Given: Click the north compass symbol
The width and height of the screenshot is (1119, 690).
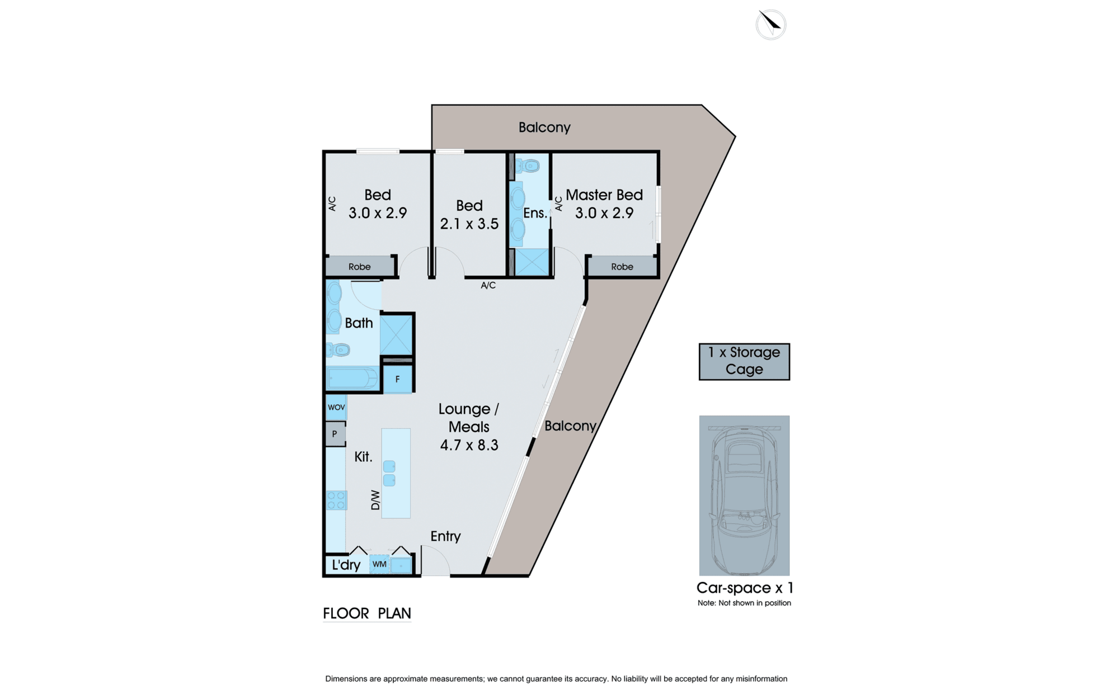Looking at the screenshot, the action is pyautogui.click(x=771, y=25).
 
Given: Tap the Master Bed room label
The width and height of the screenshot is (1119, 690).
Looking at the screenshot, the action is pyautogui.click(x=604, y=195).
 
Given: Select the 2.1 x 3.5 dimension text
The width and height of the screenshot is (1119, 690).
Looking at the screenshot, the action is pyautogui.click(x=469, y=224).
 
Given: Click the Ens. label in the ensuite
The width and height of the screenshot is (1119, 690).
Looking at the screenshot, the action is pyautogui.click(x=535, y=213).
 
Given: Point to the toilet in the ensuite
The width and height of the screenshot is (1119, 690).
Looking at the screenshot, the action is pyautogui.click(x=528, y=166).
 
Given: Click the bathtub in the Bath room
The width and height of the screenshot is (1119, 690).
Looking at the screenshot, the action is pyautogui.click(x=352, y=379).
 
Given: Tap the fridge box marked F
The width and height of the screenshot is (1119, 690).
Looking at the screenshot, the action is pyautogui.click(x=398, y=379).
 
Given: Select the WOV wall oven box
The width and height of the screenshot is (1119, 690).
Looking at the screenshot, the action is pyautogui.click(x=336, y=407).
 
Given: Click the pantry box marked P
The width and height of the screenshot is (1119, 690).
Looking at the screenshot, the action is pyautogui.click(x=335, y=434).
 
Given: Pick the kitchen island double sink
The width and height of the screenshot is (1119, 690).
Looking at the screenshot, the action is pyautogui.click(x=389, y=473).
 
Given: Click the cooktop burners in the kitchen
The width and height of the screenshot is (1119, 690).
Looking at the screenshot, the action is pyautogui.click(x=336, y=500).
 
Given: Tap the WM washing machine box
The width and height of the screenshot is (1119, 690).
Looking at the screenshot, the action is pyautogui.click(x=379, y=564).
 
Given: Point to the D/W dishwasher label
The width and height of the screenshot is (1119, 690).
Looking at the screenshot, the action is pyautogui.click(x=375, y=500).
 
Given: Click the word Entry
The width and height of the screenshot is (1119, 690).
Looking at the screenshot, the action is pyautogui.click(x=445, y=536).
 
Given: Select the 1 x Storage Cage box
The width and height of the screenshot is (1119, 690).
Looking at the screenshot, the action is pyautogui.click(x=744, y=362).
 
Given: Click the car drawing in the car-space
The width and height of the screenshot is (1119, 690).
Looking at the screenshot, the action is pyautogui.click(x=744, y=498).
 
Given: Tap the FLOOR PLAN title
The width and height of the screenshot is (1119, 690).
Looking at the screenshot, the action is pyautogui.click(x=367, y=613).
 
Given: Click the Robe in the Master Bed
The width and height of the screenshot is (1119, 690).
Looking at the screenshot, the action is pyautogui.click(x=622, y=266).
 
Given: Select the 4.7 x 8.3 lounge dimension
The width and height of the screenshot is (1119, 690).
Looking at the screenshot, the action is pyautogui.click(x=469, y=445).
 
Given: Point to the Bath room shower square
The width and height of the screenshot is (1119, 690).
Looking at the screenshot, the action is pyautogui.click(x=396, y=334).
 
